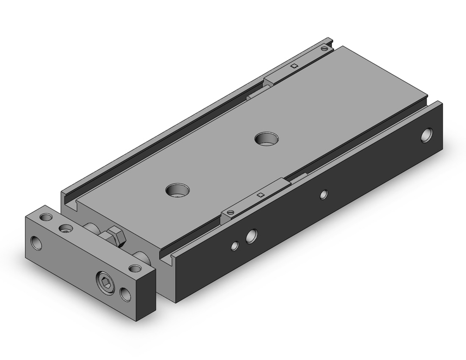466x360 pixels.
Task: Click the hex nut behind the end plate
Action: coord(116,236)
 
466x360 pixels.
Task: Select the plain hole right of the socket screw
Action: coord(124,293)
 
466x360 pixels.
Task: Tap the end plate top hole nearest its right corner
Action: coord(135,268)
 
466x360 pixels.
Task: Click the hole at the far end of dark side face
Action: coord(426,136)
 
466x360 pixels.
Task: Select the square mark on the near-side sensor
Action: coord(261,195)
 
